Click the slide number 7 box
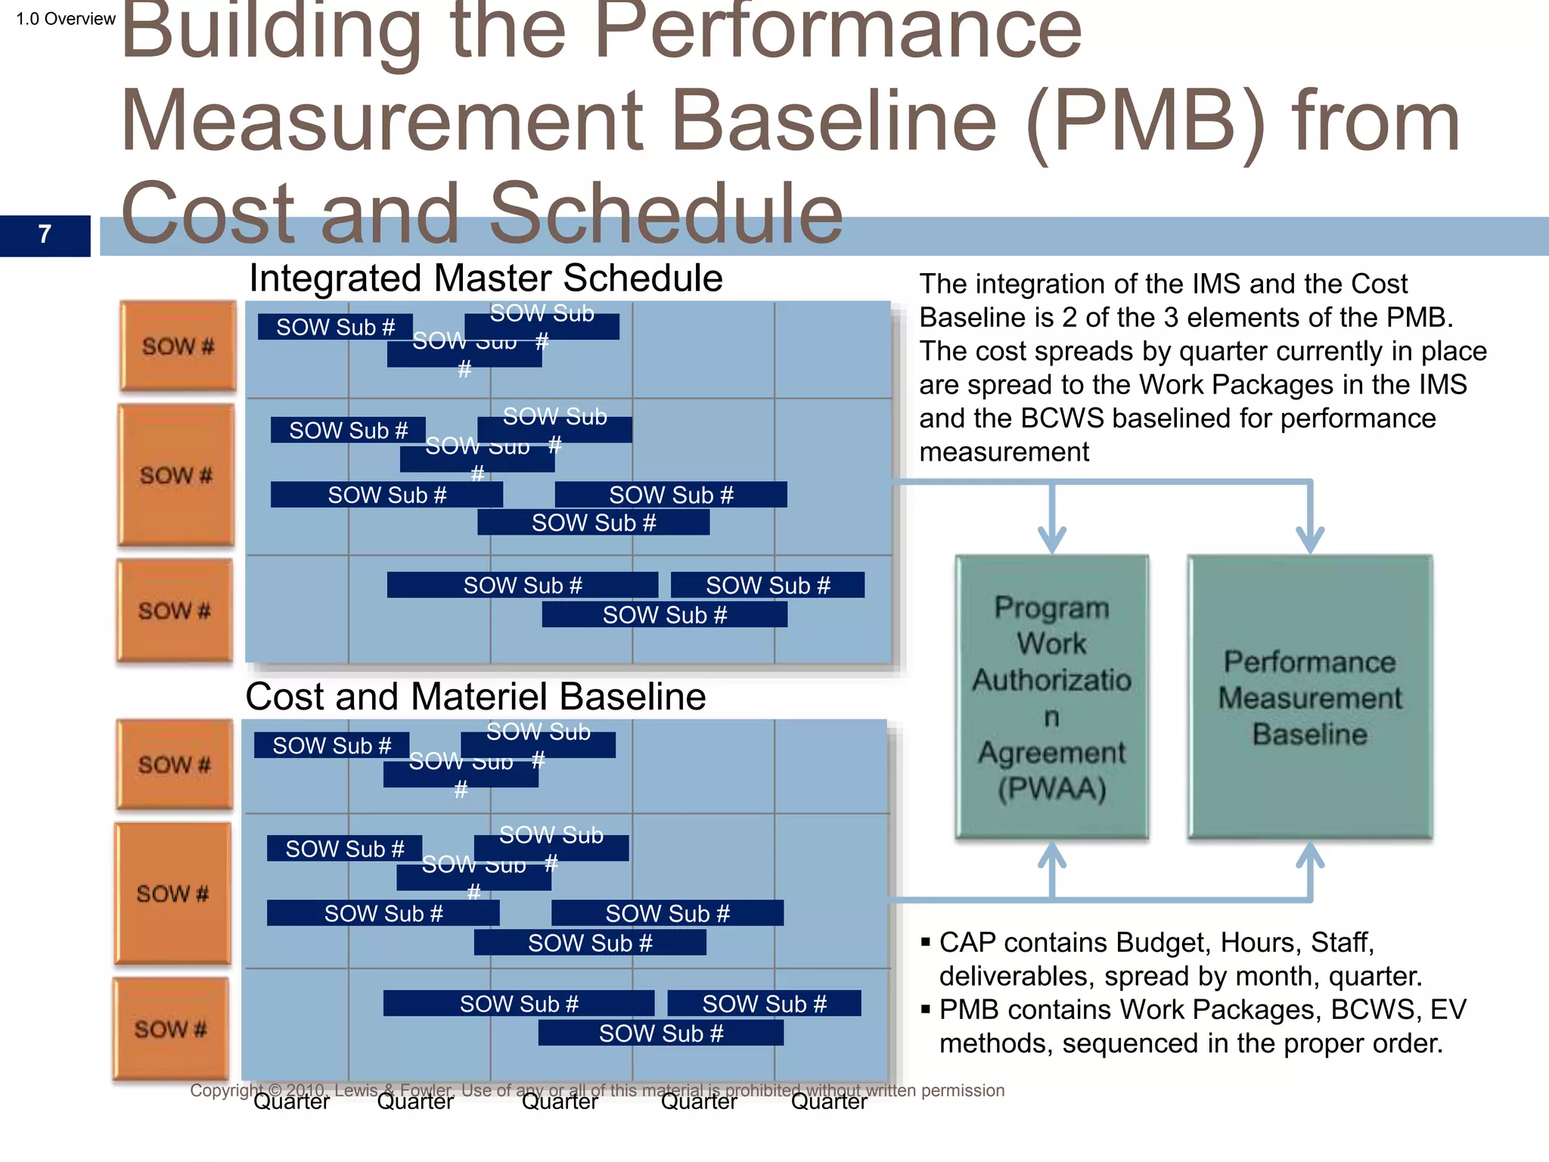45,235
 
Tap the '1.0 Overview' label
66,19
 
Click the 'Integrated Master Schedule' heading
486,278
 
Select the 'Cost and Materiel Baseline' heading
475,696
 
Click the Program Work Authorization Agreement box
1051,697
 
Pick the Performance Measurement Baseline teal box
1309,697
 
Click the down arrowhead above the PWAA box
1052,538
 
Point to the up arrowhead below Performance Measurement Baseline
1310,856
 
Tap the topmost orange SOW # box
178,346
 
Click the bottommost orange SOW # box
171,1029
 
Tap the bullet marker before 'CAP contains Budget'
926,943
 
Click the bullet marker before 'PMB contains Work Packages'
926,1010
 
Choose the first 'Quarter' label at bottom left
291,1101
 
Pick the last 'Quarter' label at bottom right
829,1101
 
